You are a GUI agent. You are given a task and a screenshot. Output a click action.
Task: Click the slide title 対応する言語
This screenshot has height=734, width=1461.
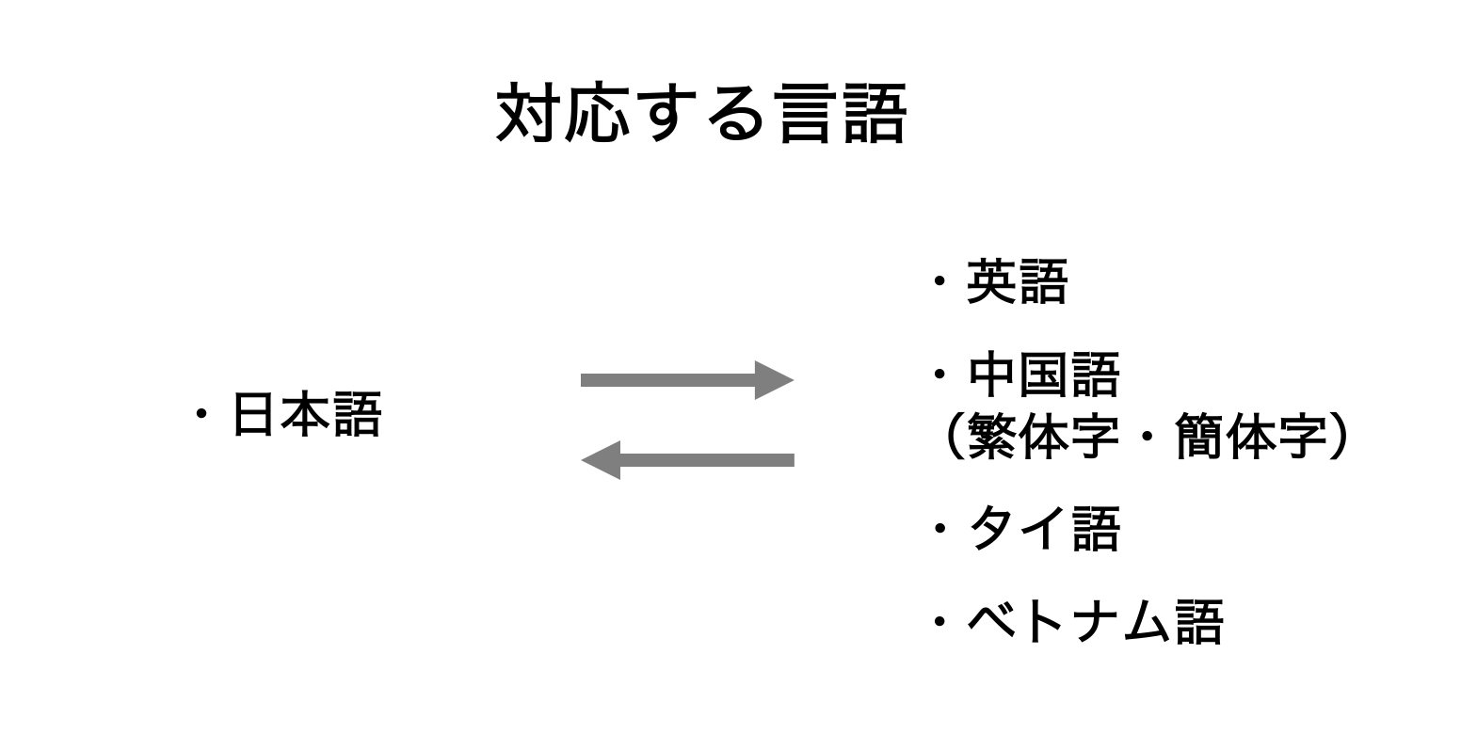[700, 114]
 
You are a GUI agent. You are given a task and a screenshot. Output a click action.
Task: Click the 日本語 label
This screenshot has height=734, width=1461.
[306, 415]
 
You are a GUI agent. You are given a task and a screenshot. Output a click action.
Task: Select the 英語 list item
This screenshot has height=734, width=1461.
[1017, 282]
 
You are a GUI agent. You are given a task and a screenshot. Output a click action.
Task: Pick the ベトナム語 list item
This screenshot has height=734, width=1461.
[1095, 622]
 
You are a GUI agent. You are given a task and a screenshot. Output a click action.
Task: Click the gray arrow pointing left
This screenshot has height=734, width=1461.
[687, 460]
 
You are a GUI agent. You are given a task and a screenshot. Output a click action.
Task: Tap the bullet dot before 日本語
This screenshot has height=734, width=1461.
[201, 415]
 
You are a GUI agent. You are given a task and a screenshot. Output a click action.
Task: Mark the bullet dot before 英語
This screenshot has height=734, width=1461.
[939, 282]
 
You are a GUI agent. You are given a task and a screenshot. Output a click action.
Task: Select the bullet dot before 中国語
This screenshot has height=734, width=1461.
[939, 375]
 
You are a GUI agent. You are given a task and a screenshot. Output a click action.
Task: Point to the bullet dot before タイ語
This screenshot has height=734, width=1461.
[939, 529]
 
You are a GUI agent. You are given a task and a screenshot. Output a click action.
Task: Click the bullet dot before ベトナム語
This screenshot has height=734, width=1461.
[939, 622]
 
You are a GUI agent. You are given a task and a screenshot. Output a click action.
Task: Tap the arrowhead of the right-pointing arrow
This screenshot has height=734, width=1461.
[773, 380]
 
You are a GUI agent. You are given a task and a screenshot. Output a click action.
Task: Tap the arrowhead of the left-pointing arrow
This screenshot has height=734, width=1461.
[602, 460]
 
